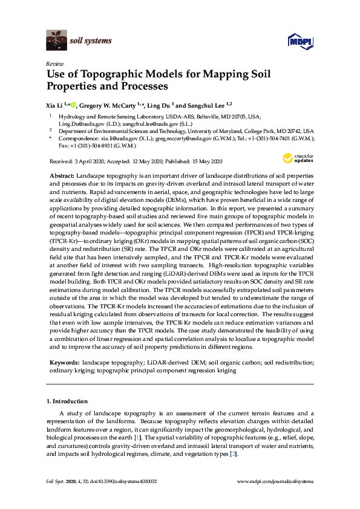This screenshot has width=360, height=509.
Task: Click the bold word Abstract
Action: pyautogui.click(x=61, y=174)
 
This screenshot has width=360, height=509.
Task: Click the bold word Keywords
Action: pyautogui.click(x=64, y=362)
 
